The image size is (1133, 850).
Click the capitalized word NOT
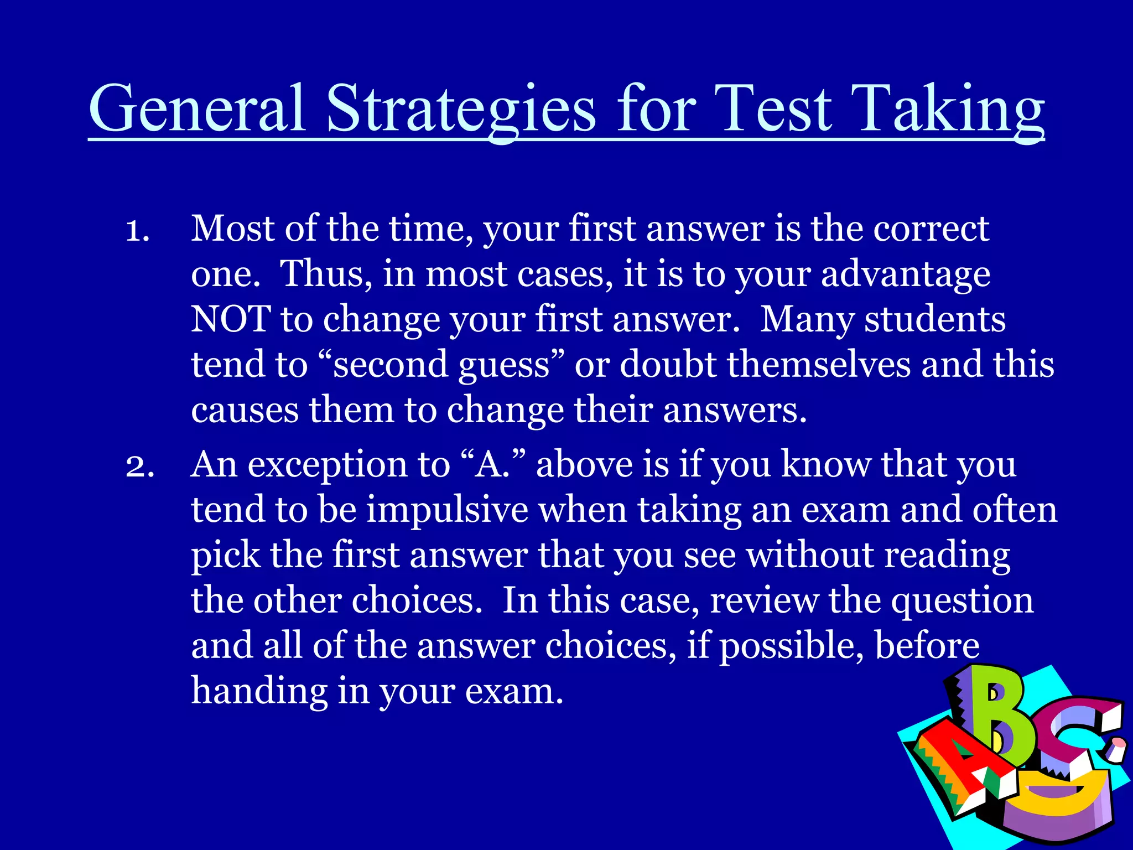click(x=230, y=319)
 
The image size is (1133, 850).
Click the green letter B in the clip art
click(x=1001, y=719)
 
